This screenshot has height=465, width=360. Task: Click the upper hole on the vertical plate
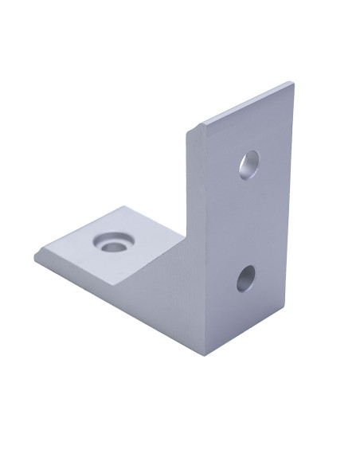coord(250,164)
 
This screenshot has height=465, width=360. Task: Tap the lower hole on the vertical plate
coord(246,278)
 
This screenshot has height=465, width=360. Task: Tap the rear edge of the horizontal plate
coord(155,220)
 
